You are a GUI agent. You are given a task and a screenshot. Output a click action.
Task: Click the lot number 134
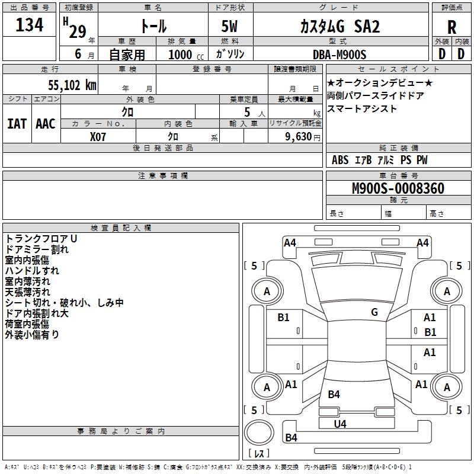(30, 25)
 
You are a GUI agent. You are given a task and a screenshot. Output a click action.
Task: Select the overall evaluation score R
(451, 27)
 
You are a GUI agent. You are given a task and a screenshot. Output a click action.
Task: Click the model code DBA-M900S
(340, 54)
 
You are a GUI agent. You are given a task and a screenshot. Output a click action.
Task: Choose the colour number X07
(98, 136)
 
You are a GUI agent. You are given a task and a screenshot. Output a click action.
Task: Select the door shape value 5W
(230, 27)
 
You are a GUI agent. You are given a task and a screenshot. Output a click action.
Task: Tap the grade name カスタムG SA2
(340, 27)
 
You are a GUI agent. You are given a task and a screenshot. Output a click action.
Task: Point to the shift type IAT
(17, 124)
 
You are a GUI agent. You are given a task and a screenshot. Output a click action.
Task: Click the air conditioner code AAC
(46, 124)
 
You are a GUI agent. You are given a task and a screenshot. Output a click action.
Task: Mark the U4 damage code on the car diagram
(340, 424)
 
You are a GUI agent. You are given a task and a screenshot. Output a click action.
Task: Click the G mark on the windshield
(374, 312)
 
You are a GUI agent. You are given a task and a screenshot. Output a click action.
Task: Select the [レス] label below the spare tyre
(259, 454)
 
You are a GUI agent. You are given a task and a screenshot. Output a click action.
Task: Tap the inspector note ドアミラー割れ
(37, 249)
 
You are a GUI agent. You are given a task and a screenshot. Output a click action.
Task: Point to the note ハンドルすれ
(32, 271)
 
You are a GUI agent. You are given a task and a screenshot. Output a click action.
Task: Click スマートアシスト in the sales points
(362, 109)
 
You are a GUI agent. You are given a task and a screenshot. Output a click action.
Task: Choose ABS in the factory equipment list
(340, 160)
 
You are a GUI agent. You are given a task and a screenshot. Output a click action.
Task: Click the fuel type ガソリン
(230, 54)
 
